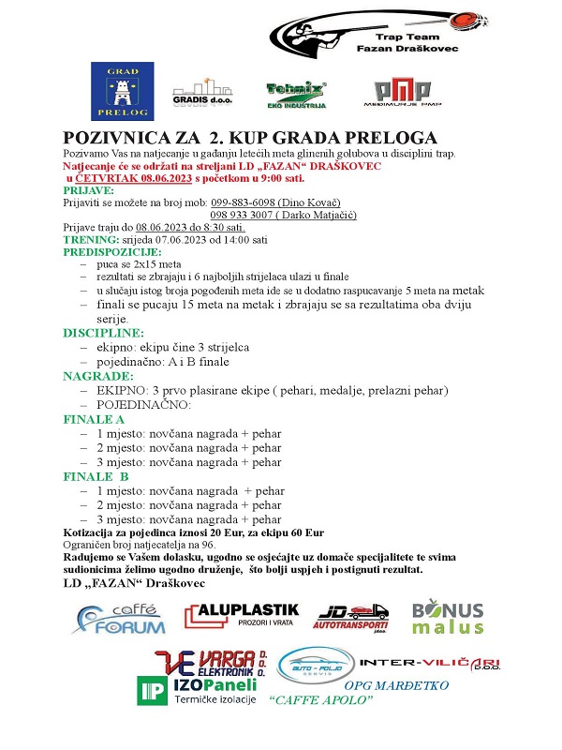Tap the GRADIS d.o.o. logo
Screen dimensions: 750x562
pos(204,92)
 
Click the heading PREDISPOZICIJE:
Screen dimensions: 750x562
pos(111,252)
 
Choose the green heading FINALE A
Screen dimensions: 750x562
pos(93,419)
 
